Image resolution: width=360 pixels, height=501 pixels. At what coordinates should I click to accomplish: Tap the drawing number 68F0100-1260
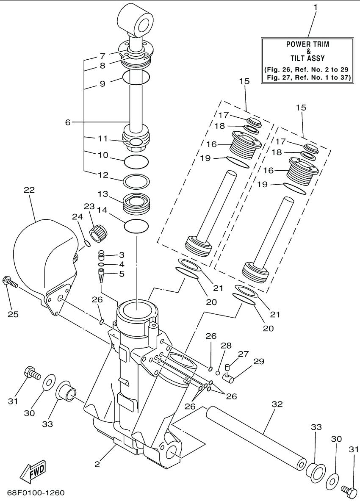(x=36, y=493)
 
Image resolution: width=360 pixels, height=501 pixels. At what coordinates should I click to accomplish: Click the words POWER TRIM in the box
(x=307, y=44)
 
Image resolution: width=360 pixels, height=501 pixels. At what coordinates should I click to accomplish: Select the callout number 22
(x=29, y=190)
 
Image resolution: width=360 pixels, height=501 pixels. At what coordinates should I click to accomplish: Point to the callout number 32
(x=277, y=404)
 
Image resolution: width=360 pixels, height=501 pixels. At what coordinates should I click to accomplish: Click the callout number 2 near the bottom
(x=97, y=464)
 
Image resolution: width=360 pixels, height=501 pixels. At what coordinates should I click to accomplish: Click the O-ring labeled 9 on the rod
(x=136, y=78)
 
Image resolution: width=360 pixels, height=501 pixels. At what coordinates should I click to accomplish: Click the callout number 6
(x=67, y=122)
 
